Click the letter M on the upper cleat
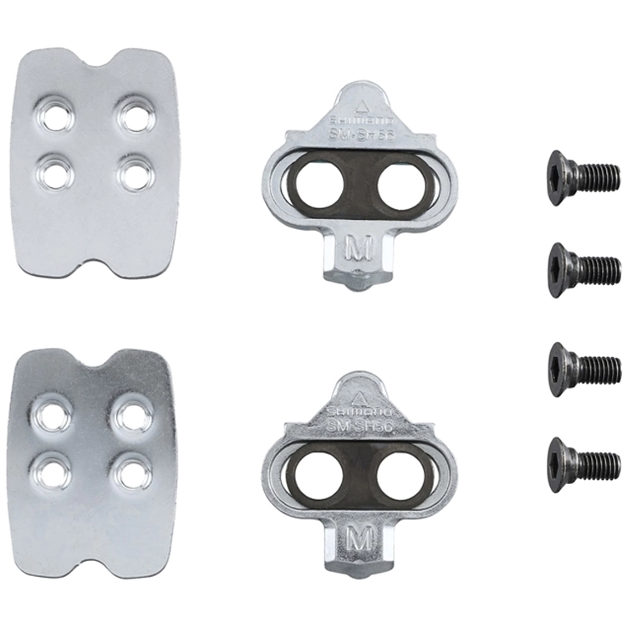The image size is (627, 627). tap(357, 248)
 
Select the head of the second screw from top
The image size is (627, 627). tap(560, 269)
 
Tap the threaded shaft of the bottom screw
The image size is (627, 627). tap(599, 461)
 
